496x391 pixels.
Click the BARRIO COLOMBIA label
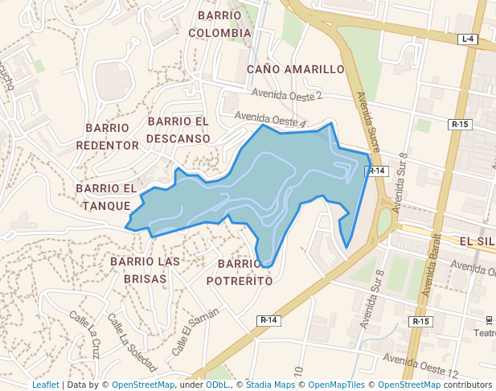click(220, 24)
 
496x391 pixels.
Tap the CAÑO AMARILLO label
click(296, 69)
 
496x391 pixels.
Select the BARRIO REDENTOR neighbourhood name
click(108, 137)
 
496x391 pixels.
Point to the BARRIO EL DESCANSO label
click(178, 130)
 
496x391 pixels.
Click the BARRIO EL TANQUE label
click(107, 197)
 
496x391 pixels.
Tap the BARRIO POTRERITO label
click(240, 273)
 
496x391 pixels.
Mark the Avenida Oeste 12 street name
click(421, 366)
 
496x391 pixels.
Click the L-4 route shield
click(468, 39)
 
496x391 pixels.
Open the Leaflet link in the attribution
click(46, 385)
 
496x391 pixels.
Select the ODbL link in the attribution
click(217, 385)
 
